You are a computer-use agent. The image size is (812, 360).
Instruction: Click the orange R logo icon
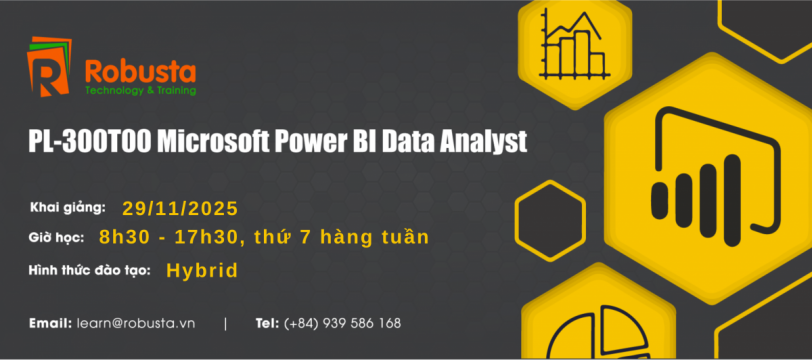pos(49,67)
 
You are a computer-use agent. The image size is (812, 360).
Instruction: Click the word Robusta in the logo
pos(140,72)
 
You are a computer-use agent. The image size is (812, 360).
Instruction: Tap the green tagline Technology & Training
pos(140,91)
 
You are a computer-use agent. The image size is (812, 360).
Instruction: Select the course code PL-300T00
pos(90,142)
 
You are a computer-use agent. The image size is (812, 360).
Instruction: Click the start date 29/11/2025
pos(180,208)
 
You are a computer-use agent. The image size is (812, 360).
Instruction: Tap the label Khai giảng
pos(68,208)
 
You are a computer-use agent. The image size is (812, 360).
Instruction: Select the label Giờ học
pos(56,238)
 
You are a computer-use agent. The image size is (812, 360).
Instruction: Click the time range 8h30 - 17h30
pos(169,237)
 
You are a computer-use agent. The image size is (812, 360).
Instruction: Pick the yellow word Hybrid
pos(202,271)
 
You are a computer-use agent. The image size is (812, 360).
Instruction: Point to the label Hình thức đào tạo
pos(90,270)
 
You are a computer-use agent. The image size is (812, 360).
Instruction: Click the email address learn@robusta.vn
pos(136,324)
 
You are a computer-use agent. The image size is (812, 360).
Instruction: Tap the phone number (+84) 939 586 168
pos(342,324)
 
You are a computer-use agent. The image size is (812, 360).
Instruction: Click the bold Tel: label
pos(268,324)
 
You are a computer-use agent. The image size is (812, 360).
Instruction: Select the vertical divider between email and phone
pos(225,324)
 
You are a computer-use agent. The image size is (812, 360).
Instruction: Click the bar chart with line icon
pos(574,44)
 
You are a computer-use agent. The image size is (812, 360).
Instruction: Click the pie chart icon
pos(598,333)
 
